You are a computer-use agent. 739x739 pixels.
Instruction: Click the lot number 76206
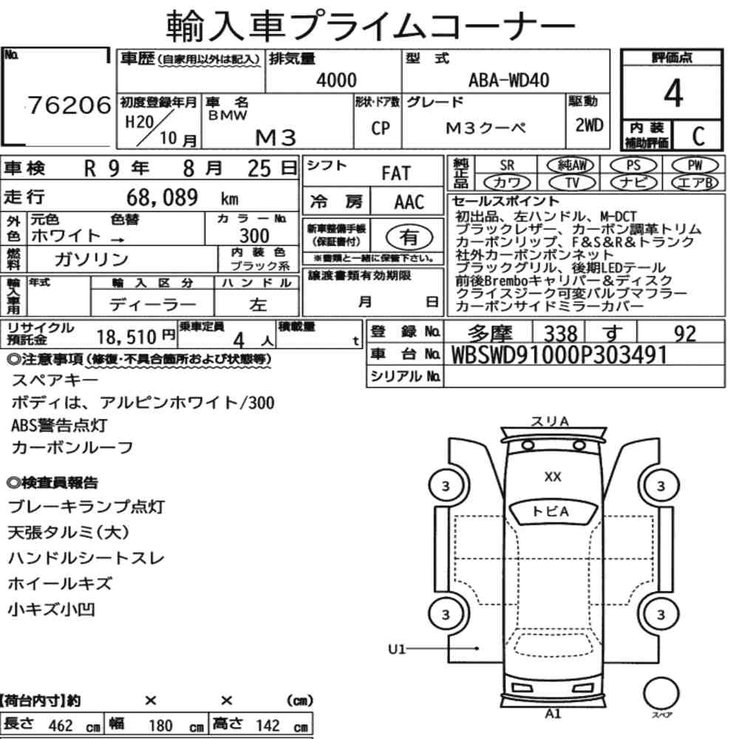[69, 105]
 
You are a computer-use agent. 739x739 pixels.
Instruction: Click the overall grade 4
[673, 93]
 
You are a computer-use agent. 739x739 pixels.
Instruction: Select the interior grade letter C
[698, 136]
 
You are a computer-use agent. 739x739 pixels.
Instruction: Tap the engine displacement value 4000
[336, 80]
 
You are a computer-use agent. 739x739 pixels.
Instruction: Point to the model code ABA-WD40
[508, 80]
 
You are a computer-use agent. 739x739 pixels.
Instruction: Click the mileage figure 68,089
[162, 197]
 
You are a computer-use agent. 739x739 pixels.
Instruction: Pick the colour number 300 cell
[254, 236]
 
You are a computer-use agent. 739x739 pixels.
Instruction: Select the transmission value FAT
[396, 174]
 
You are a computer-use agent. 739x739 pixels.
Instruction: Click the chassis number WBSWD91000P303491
[559, 355]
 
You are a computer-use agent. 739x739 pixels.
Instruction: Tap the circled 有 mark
[409, 237]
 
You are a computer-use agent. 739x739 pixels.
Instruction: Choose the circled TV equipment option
[572, 183]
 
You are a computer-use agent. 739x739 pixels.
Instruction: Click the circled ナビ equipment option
[633, 183]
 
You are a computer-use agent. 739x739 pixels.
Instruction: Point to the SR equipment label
[507, 166]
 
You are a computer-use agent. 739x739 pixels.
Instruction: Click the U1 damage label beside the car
[397, 650]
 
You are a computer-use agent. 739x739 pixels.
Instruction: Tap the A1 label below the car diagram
[553, 714]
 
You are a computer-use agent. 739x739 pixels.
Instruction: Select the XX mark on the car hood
[552, 477]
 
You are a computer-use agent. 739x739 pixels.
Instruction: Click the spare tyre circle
[661, 693]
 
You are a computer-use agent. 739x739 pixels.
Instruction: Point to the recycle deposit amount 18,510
[126, 337]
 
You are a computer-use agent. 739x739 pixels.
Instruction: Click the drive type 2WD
[589, 126]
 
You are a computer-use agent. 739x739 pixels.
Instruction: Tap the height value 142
[268, 725]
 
